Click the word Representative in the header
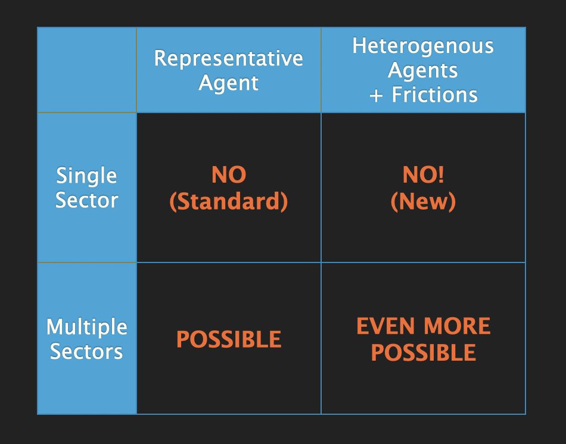coord(229,58)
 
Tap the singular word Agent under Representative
coord(229,83)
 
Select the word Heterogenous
coord(423,46)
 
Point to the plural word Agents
coord(423,71)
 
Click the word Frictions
coord(434,95)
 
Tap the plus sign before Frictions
coord(376,96)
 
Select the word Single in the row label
coord(86,176)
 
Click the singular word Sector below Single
coord(86,200)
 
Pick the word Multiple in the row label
coord(86,327)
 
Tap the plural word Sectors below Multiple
coord(86,351)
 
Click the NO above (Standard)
coord(229,175)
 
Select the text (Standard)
coord(229,201)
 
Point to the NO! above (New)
coord(423,175)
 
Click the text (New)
coord(423,201)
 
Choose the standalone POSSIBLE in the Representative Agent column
coord(229,339)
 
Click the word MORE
coord(457,326)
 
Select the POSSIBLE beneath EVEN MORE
coord(424,352)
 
